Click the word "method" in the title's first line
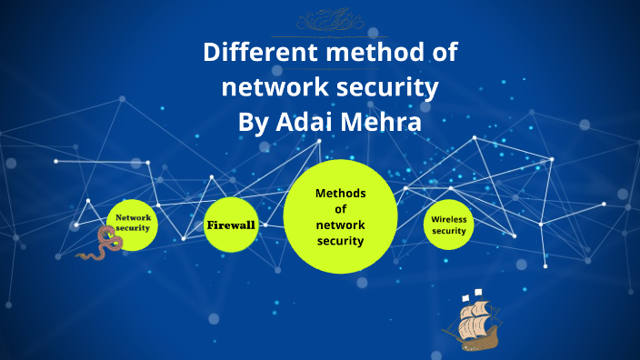coord(365,53)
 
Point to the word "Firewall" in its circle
coord(231,225)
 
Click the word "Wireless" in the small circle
coord(448,219)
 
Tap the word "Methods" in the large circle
coord(340,194)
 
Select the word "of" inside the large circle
coord(340,209)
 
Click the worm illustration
coord(101,245)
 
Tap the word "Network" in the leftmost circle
coord(133,218)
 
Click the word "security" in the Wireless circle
coord(448,231)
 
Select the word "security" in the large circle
coord(340,241)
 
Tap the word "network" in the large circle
coord(340,225)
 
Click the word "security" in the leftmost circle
coord(133,228)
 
